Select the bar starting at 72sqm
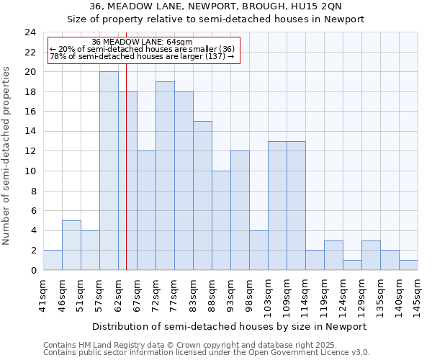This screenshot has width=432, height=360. coord(165,176)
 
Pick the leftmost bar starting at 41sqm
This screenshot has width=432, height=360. coord(53,261)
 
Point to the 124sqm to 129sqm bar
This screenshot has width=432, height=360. coord(333,256)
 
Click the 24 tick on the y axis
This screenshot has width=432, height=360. coord(31,32)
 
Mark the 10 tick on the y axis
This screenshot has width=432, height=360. coord(31,171)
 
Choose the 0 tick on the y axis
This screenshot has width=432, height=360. coord(34,271)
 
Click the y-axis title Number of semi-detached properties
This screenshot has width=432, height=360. coord(8,156)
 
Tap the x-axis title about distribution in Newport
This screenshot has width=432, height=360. coord(230,326)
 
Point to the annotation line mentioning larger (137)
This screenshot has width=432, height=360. coord(142,56)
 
